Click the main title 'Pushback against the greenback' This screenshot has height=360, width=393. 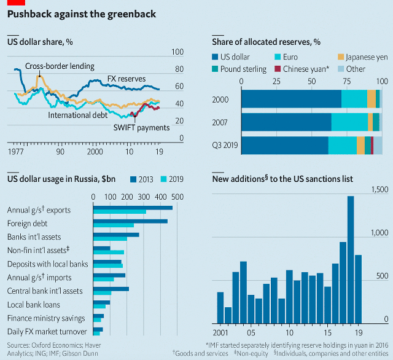(x=82, y=14)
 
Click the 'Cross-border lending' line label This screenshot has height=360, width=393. (x=60, y=66)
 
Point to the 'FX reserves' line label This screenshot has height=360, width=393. (x=126, y=79)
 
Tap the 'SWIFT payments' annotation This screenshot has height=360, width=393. (x=141, y=127)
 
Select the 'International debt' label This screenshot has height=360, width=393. (x=77, y=114)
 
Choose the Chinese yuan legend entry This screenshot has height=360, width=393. (x=309, y=69)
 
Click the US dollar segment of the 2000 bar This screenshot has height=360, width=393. (x=291, y=99)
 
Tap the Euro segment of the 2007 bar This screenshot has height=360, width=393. (x=349, y=122)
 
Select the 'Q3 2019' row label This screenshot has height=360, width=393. (x=224, y=145)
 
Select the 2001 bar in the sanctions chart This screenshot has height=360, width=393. (x=220, y=307)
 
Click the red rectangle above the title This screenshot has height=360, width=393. (x=15, y=2)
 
